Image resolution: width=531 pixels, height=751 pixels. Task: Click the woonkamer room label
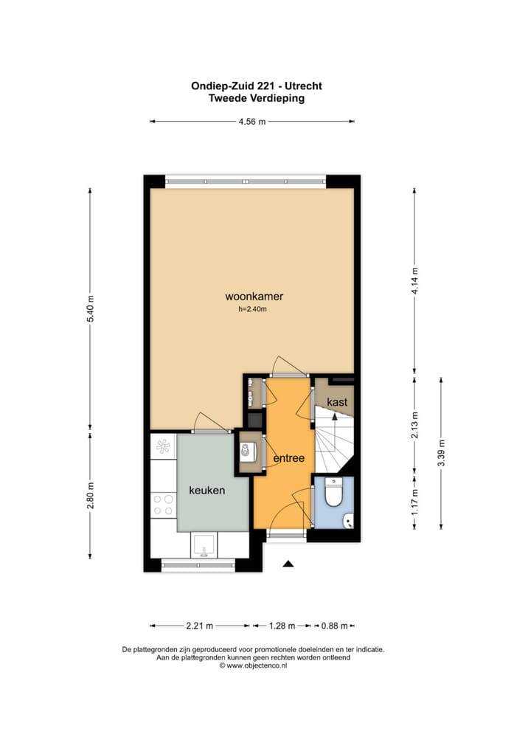click(x=254, y=297)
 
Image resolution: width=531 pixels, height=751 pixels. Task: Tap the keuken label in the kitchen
click(x=206, y=490)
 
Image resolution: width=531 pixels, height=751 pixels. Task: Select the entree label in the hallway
click(x=289, y=458)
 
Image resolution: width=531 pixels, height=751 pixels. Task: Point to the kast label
click(x=337, y=403)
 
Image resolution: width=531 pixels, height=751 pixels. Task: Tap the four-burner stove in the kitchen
click(x=163, y=505)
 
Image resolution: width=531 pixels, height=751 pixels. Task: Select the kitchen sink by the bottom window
click(x=204, y=545)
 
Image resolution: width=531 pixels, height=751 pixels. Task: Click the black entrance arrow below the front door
click(x=288, y=564)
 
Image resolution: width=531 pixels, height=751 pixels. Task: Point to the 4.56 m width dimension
click(x=251, y=122)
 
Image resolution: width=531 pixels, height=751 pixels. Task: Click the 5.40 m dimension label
click(x=91, y=308)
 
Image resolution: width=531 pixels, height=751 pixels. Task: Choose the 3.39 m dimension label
click(x=441, y=452)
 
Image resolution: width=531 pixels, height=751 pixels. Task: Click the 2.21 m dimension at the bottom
click(x=198, y=626)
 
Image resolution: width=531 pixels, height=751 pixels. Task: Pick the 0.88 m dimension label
click(x=333, y=626)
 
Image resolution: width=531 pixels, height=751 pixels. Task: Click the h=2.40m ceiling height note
click(x=252, y=310)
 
